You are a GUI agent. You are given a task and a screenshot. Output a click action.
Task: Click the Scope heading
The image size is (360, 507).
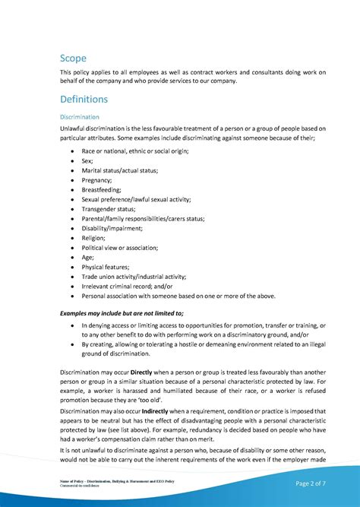pyautogui.click(x=74, y=58)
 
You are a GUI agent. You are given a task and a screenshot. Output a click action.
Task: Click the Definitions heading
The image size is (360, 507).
pyautogui.click(x=84, y=100)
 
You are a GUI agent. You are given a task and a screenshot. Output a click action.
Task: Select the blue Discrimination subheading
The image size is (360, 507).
pyautogui.click(x=80, y=117)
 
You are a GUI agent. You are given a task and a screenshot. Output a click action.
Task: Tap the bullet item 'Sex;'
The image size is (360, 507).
pyautogui.click(x=88, y=161)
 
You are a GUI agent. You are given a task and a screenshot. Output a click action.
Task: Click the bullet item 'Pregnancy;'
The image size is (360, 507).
pyautogui.click(x=97, y=180)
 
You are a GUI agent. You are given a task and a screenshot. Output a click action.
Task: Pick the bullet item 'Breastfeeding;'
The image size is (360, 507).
pyautogui.click(x=102, y=190)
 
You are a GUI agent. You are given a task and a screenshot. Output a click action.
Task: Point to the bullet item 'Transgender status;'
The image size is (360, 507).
pyautogui.click(x=109, y=209)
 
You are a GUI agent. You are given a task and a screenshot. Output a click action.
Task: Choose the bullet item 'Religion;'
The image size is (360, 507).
pyautogui.click(x=94, y=238)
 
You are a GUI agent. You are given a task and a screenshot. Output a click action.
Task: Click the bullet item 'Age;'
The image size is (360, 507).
pyautogui.click(x=88, y=257)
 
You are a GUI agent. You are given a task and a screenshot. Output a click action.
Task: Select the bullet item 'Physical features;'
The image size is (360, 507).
pyautogui.click(x=106, y=267)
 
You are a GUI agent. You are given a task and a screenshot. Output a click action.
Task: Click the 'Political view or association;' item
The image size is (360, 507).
pyautogui.click(x=120, y=248)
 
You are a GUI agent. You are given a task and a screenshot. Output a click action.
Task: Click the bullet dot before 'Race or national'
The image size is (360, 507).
pyautogui.click(x=72, y=151)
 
